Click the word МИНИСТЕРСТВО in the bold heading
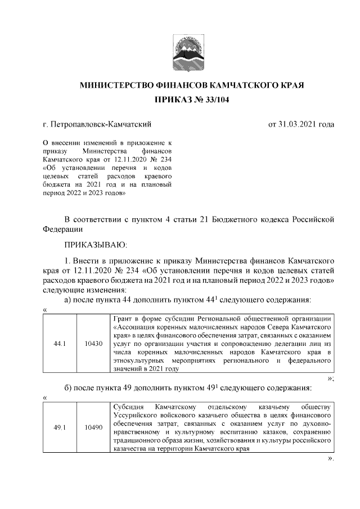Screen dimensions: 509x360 pyautogui.click(x=116, y=85)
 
